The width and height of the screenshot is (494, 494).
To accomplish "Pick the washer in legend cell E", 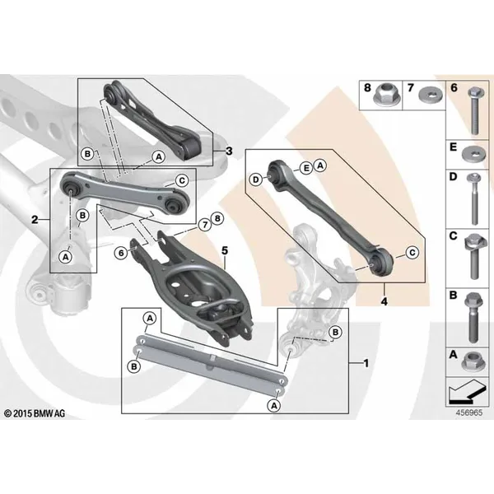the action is [x=474, y=155].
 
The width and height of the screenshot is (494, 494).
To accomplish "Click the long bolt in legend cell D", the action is [x=474, y=198].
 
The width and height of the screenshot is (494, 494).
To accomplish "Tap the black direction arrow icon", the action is [x=466, y=392].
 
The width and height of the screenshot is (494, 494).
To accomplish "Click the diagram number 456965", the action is [x=469, y=412].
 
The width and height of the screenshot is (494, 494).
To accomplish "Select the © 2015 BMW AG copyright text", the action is [x=35, y=413].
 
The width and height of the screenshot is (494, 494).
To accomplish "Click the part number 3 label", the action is [x=229, y=151].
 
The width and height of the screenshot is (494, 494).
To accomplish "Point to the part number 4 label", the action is [x=384, y=301].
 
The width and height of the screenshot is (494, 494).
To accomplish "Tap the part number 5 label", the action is [x=224, y=250].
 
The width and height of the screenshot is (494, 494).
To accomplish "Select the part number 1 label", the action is [x=366, y=363].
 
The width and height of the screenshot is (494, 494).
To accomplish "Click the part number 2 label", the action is [x=35, y=219].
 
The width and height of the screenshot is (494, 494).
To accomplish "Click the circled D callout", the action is [x=256, y=179].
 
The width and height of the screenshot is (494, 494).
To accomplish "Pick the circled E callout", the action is [x=305, y=168].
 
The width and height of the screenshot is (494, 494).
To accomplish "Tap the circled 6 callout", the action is [x=121, y=253].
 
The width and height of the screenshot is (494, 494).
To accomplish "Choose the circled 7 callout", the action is [x=205, y=225].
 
